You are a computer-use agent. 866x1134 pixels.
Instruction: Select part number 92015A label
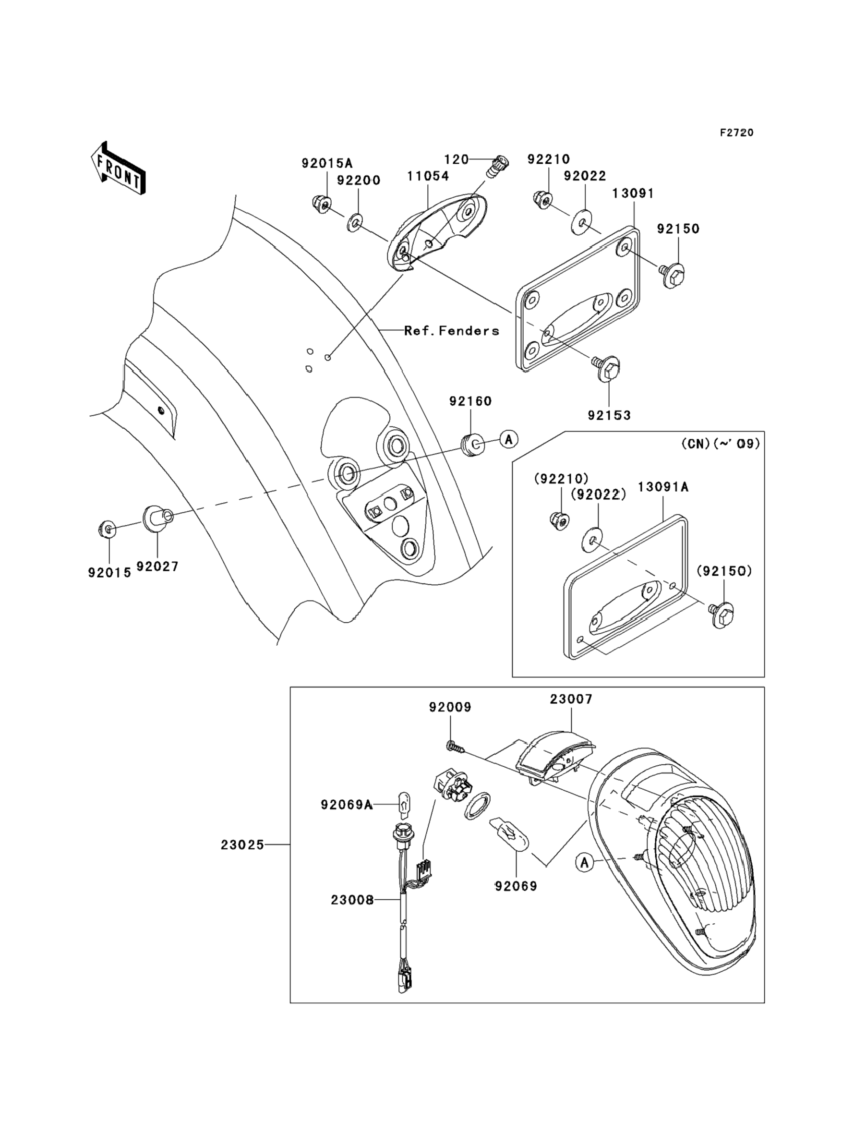point(327,163)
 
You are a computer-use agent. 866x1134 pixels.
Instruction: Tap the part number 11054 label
point(428,176)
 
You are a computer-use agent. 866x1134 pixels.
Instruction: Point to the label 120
point(456,159)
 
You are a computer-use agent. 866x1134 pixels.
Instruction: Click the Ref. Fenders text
point(452,330)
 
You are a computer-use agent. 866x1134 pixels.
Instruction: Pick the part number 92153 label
point(609,415)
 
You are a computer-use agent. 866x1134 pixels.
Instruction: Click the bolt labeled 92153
point(607,369)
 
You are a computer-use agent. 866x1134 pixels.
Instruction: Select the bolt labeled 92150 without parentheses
point(672,275)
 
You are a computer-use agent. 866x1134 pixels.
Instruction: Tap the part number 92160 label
point(470,400)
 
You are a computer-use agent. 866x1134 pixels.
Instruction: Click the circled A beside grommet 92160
point(509,440)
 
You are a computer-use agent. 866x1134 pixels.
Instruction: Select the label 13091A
point(663,487)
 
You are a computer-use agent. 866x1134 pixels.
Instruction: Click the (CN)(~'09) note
point(721,443)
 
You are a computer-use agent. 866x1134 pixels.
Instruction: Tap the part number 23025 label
point(242,845)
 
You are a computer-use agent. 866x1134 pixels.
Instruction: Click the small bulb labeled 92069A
point(405,804)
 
